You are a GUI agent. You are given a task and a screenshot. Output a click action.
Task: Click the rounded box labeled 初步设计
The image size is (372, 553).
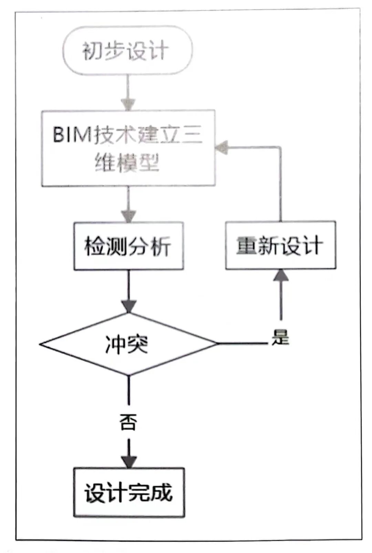(x=127, y=51)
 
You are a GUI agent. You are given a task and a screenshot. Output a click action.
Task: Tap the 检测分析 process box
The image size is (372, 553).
(x=128, y=246)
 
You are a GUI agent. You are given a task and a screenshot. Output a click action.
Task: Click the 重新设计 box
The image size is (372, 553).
(x=280, y=245)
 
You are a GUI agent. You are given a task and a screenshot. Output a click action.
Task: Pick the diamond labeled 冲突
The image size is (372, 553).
(x=128, y=344)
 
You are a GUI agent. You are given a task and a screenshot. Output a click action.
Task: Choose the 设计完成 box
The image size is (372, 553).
(x=129, y=492)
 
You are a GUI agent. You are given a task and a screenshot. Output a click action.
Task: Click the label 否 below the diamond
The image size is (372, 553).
(x=128, y=422)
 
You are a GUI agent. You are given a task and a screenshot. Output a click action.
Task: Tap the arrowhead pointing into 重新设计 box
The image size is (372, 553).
(x=281, y=275)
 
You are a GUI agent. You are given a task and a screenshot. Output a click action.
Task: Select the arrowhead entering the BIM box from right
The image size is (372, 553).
(x=221, y=148)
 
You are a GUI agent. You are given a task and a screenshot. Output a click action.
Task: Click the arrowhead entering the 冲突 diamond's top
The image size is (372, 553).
(x=129, y=306)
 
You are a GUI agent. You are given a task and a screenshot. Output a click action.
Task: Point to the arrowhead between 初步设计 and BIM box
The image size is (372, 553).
(x=128, y=104)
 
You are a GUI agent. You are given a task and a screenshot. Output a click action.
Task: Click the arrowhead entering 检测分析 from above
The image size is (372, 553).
(x=128, y=216)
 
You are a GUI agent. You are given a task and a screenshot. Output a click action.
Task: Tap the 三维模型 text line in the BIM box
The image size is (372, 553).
(x=127, y=163)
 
